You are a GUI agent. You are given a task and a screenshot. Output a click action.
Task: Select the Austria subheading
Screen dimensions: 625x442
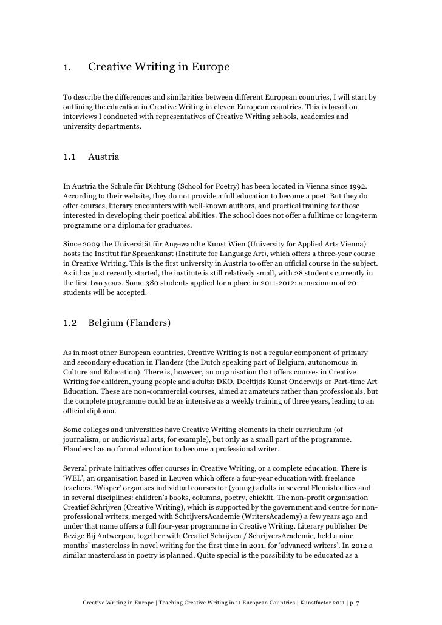(x=104, y=157)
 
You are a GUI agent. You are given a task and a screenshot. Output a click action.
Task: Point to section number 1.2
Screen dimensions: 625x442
(x=70, y=323)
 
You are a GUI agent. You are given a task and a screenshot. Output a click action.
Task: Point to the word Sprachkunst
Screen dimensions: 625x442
(x=183, y=253)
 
